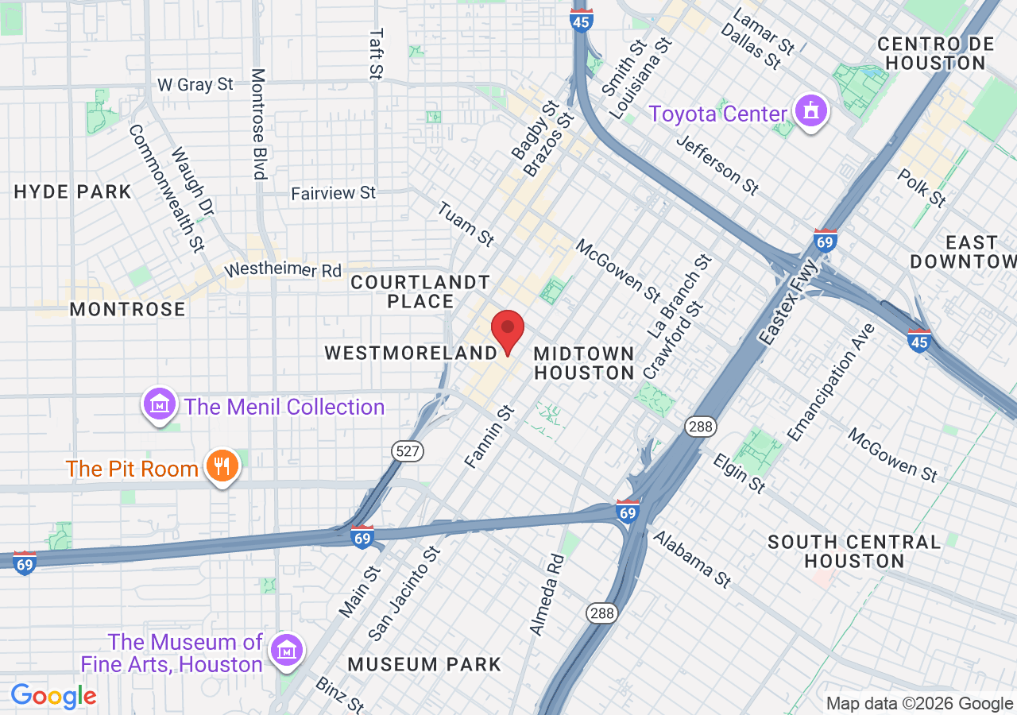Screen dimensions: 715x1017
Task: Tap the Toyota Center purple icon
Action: pos(810,113)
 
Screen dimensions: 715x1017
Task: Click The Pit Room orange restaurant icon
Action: pos(222,467)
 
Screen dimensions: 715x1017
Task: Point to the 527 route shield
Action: pos(408,451)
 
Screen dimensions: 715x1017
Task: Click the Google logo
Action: pos(53,696)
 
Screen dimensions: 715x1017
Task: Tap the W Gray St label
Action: pos(195,83)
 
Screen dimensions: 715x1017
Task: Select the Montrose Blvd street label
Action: pos(258,123)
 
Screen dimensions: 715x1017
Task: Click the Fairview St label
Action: pos(333,193)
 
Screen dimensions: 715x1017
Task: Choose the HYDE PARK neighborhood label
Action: pos(72,191)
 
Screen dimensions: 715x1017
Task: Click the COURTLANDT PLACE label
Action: pos(420,292)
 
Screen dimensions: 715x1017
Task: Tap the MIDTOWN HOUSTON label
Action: pos(584,363)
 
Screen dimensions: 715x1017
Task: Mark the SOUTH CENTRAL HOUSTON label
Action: pos(854,551)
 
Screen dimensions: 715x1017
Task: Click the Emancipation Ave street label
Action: pos(830,382)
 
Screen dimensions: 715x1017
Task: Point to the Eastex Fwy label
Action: pos(787,301)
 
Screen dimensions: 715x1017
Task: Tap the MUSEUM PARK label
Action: pos(424,664)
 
